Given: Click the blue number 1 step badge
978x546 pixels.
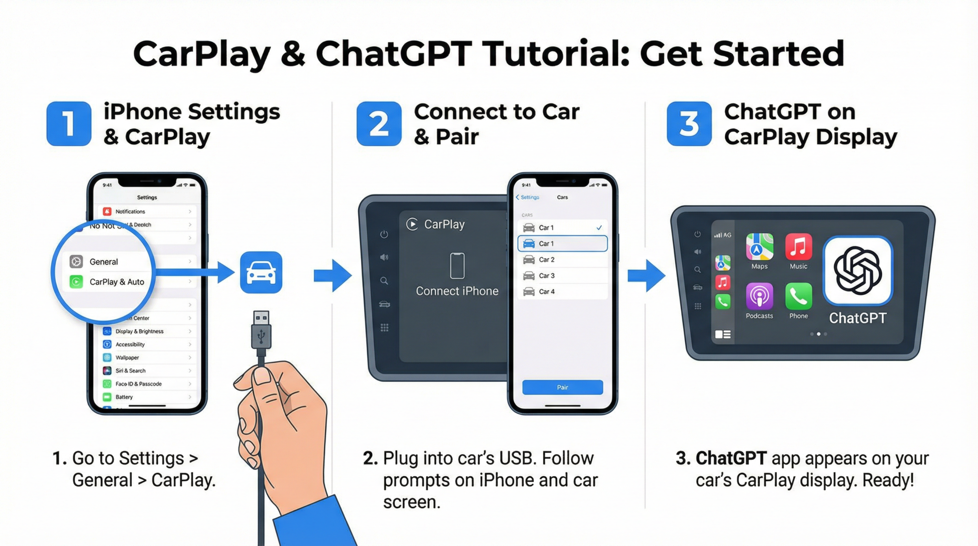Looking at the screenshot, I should click(x=69, y=124).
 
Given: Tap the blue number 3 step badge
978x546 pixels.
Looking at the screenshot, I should click(x=689, y=124).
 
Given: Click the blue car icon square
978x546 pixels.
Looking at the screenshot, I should click(x=261, y=272).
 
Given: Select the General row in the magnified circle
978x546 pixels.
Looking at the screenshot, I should click(x=104, y=262).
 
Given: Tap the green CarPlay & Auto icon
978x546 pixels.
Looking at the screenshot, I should click(x=76, y=282).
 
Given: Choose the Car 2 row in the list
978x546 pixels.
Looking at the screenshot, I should click(x=562, y=260).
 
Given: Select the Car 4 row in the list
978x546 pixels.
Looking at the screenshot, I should click(x=562, y=292).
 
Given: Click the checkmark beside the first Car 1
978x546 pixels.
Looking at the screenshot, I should click(x=599, y=228).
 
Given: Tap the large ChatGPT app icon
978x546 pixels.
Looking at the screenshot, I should click(x=857, y=271).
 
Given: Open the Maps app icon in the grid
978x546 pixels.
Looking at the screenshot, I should click(x=759, y=246).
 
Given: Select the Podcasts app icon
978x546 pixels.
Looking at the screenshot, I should click(x=759, y=296).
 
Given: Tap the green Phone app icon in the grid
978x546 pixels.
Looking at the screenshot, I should click(x=798, y=296).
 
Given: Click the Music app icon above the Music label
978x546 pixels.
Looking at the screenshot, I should click(x=798, y=246).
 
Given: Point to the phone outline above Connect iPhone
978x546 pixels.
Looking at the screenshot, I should click(x=457, y=266).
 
